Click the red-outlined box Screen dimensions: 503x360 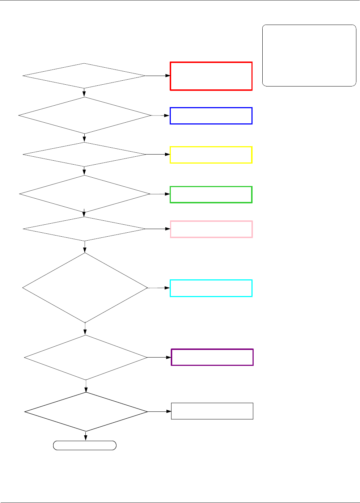click(211, 76)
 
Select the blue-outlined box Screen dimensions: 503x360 click(211, 116)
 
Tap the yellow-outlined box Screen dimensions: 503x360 click(211, 155)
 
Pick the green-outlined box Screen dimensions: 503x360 click(211, 195)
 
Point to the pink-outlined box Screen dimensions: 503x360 click(211, 229)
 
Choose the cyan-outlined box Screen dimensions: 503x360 click(211, 288)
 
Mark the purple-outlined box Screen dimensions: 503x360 click(212, 357)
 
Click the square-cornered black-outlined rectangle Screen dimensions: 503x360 click(212, 411)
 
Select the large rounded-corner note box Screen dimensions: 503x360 click(309, 55)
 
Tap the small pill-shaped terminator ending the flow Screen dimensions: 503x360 click(85, 445)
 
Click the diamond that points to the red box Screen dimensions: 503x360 click(84, 76)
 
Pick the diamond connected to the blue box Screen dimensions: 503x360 click(85, 115)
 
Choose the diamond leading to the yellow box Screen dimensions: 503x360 click(84, 155)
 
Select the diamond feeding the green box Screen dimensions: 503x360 click(85, 194)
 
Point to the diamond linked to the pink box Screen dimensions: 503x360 click(84, 229)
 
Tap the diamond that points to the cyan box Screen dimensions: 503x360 click(85, 288)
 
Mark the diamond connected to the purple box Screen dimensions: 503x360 click(86, 358)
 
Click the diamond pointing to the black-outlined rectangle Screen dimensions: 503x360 click(86, 412)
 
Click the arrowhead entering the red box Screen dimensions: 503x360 click(168, 76)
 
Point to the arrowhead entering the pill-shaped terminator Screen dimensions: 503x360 click(86, 439)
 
